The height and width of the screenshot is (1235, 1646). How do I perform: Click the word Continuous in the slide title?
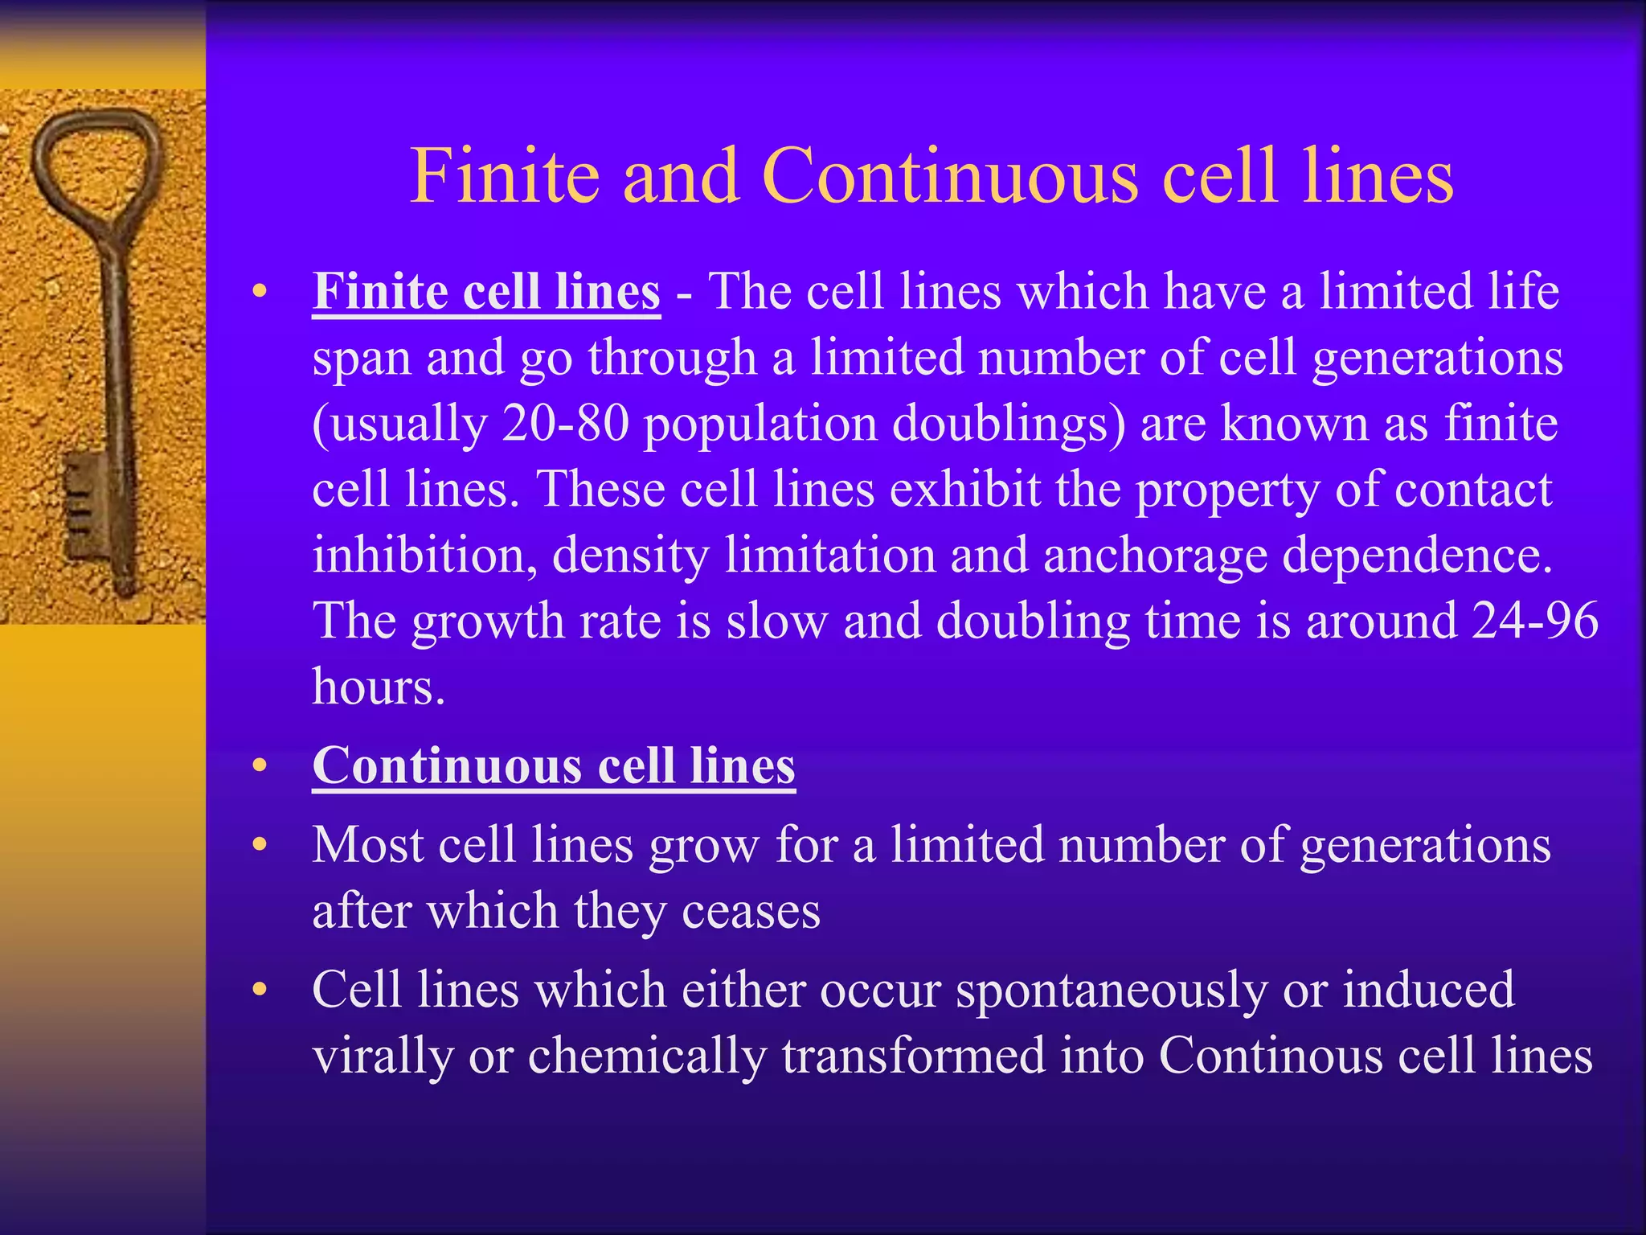tap(950, 176)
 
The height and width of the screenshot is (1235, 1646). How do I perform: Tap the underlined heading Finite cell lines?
tap(486, 291)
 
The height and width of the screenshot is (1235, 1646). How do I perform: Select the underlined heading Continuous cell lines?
tap(554, 765)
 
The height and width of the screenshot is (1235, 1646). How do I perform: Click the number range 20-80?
tap(565, 423)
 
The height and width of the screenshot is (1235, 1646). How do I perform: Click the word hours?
tap(378, 687)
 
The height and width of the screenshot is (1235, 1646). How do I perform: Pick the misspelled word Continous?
tap(1271, 1055)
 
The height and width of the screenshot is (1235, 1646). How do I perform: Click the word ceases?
tap(751, 912)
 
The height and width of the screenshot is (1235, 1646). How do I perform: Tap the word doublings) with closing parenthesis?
tap(1009, 424)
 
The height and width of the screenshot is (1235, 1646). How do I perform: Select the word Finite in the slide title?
tap(505, 176)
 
